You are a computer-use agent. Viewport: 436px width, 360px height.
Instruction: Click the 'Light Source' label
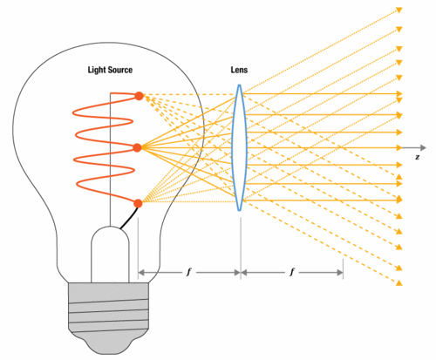pyautogui.click(x=110, y=70)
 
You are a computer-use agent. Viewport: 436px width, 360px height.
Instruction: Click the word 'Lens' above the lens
pyautogui.click(x=239, y=70)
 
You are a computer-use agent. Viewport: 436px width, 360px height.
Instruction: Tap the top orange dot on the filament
pyautogui.click(x=140, y=96)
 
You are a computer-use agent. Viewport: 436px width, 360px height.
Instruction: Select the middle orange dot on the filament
pyautogui.click(x=138, y=147)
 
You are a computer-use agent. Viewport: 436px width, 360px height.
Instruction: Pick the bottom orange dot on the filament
pyautogui.click(x=139, y=203)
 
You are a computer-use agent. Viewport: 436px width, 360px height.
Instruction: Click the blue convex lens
pyautogui.click(x=239, y=147)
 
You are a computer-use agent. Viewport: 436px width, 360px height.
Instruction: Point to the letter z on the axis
pyautogui.click(x=418, y=157)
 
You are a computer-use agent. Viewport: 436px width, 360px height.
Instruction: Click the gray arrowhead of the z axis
pyautogui.click(x=423, y=147)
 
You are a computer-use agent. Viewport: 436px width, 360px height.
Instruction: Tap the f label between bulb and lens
pyautogui.click(x=189, y=272)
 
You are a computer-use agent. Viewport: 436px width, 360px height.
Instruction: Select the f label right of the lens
pyautogui.click(x=292, y=272)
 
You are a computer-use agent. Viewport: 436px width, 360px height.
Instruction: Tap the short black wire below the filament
pyautogui.click(x=129, y=218)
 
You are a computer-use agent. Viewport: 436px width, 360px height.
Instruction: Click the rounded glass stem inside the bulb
pyautogui.click(x=110, y=254)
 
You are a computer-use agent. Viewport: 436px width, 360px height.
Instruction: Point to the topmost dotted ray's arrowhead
pyautogui.click(x=399, y=10)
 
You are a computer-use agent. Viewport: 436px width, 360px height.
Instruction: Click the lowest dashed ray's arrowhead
pyautogui.click(x=399, y=282)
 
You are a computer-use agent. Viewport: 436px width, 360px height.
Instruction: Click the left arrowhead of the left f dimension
pyautogui.click(x=141, y=273)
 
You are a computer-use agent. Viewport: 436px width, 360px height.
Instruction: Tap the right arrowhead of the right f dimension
pyautogui.click(x=340, y=273)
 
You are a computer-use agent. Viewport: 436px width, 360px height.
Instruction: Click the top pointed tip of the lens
pyautogui.click(x=240, y=85)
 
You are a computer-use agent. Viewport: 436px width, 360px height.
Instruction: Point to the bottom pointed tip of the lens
pyautogui.click(x=239, y=210)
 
